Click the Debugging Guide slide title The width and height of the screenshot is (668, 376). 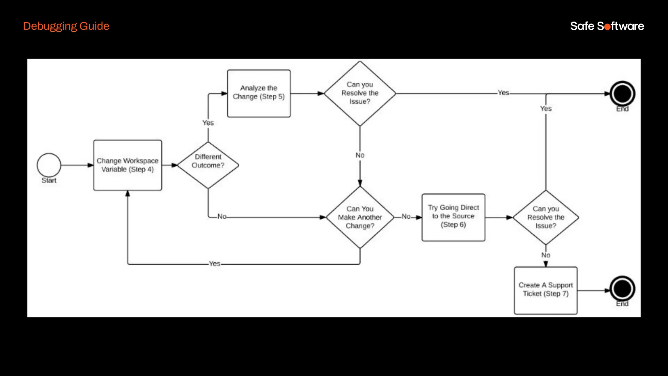tap(66, 26)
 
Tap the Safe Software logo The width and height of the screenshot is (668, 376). tap(607, 26)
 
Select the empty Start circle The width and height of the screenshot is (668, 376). tap(49, 165)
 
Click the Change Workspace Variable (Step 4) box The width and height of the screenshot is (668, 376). tap(128, 165)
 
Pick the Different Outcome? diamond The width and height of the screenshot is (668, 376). tap(208, 165)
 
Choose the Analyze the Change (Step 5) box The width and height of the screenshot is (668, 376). tap(259, 93)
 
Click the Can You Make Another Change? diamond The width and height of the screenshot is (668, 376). tap(360, 217)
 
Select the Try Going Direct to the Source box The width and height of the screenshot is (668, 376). tap(453, 217)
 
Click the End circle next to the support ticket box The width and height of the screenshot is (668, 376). tap(622, 289)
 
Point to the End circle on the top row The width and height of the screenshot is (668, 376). tap(622, 94)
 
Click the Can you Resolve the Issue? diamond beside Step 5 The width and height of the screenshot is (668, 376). tap(360, 93)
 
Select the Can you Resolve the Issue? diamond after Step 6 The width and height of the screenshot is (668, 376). tap(546, 217)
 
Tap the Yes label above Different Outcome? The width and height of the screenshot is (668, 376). tap(208, 123)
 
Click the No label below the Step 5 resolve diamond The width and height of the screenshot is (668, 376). tap(360, 155)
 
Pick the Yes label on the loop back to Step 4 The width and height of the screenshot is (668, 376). tap(215, 264)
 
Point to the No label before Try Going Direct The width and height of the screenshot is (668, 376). tap(406, 217)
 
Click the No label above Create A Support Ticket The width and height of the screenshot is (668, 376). tap(546, 255)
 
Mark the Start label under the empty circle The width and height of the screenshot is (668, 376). tap(49, 180)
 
